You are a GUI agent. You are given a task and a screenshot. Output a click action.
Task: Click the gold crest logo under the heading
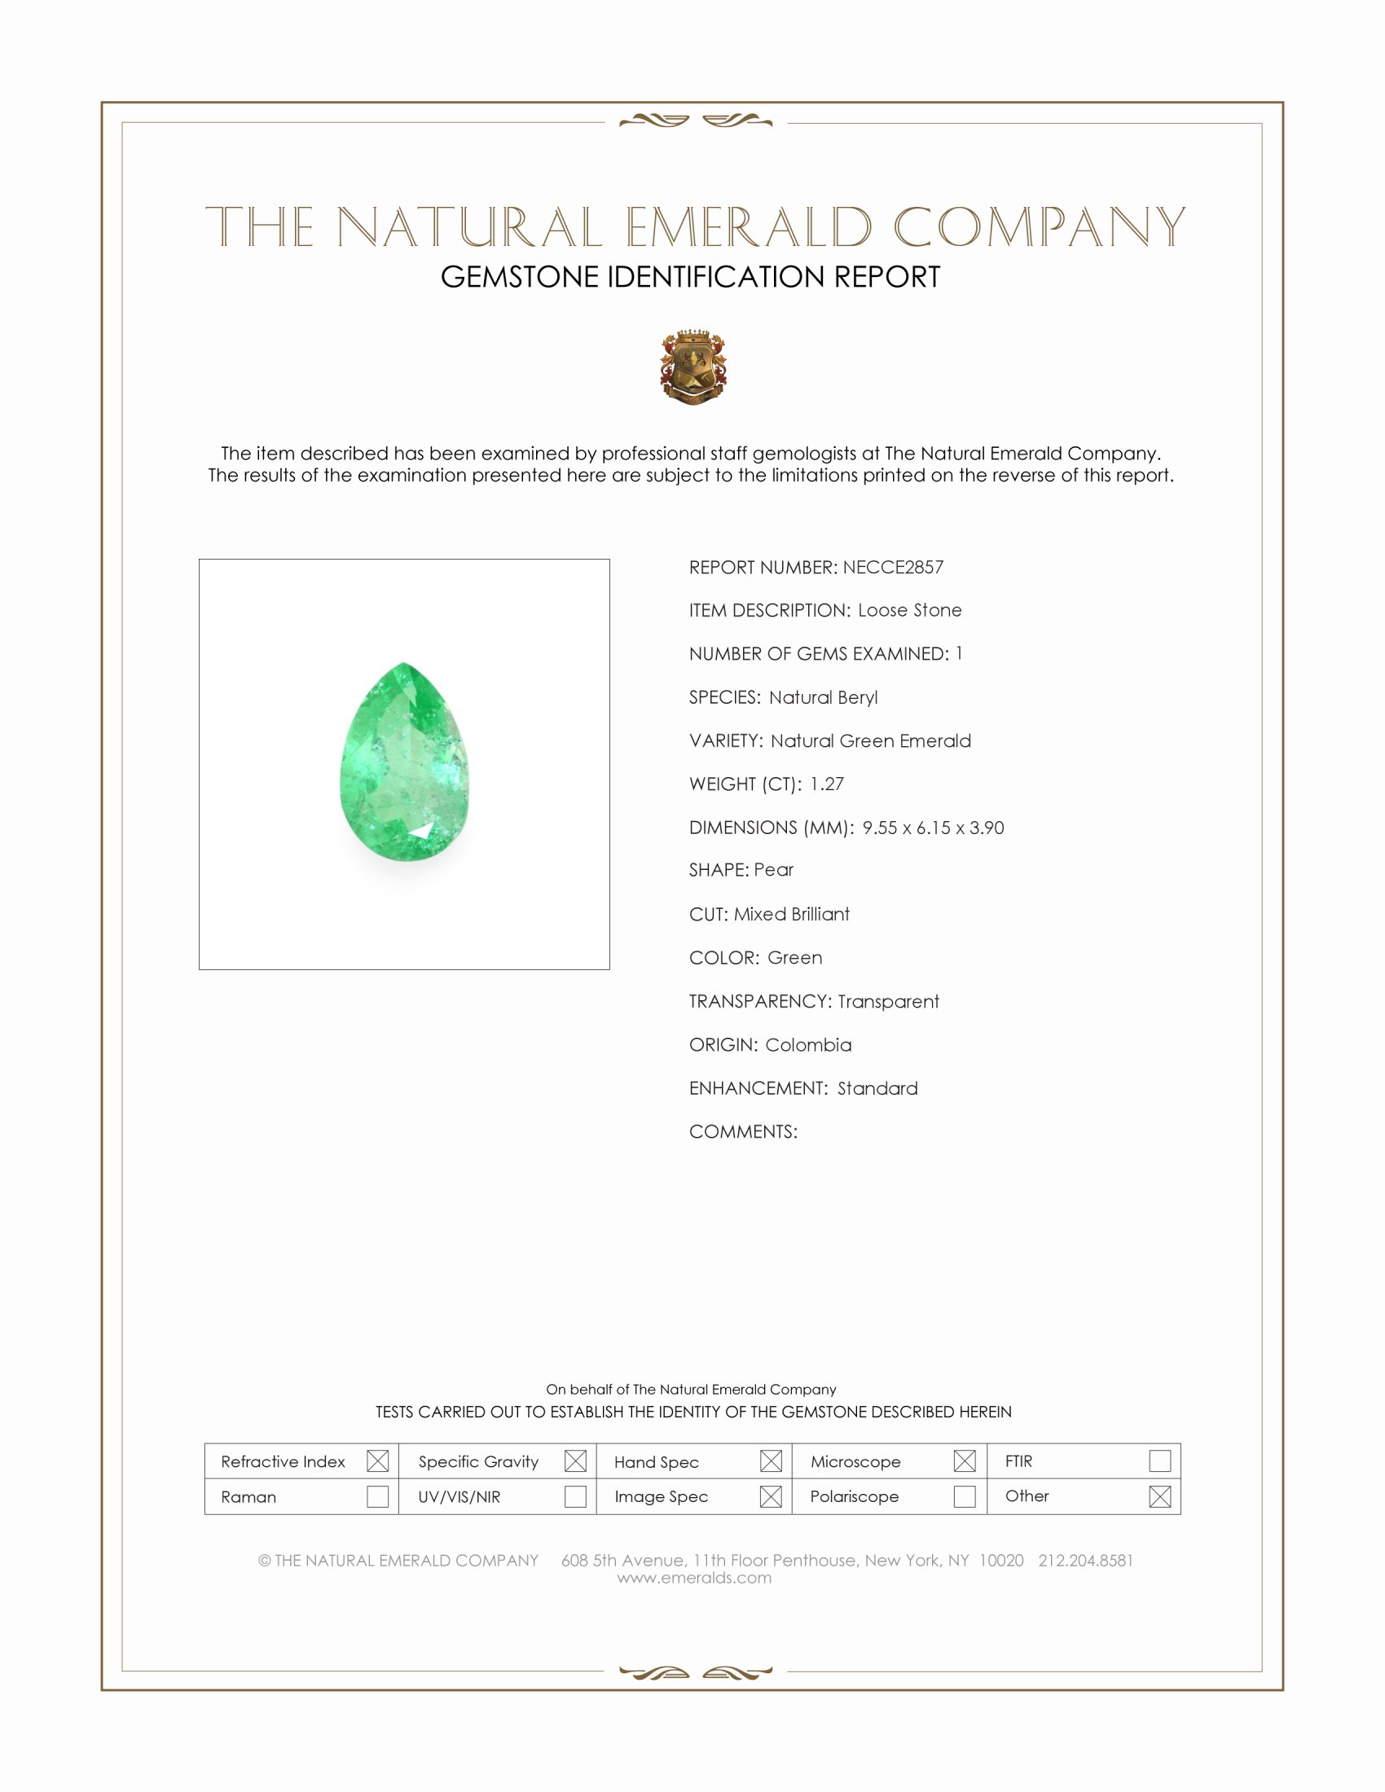693,367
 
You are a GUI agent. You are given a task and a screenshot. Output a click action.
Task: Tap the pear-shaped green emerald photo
405,763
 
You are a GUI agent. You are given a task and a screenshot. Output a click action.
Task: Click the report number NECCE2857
893,567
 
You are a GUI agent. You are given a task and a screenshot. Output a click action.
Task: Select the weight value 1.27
826,784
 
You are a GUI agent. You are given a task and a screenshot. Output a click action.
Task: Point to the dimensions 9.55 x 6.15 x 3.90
933,827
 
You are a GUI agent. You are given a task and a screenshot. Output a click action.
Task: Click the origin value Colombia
808,1044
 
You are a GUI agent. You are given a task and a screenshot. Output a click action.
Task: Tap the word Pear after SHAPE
774,870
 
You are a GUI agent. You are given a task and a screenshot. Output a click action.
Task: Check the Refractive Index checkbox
377,1460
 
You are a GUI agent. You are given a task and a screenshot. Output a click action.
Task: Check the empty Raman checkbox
377,1496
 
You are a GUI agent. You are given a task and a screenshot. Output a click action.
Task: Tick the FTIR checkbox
1159,1460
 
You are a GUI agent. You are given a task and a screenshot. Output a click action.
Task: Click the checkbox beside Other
1159,1496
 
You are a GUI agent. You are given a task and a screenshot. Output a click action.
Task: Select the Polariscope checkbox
964,1496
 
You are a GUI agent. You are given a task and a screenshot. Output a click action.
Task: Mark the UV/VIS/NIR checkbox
575,1496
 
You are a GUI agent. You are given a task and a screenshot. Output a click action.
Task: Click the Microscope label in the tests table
855,1461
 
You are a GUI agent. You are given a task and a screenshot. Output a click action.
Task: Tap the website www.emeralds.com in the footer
694,1578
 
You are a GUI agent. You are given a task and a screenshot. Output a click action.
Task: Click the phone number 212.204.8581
1084,1561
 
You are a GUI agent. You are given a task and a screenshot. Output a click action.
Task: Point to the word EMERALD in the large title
749,227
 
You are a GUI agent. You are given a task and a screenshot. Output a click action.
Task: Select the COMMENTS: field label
742,1131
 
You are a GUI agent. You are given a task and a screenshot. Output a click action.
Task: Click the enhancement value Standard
877,1088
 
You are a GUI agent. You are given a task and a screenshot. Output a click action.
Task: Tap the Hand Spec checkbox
771,1460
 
